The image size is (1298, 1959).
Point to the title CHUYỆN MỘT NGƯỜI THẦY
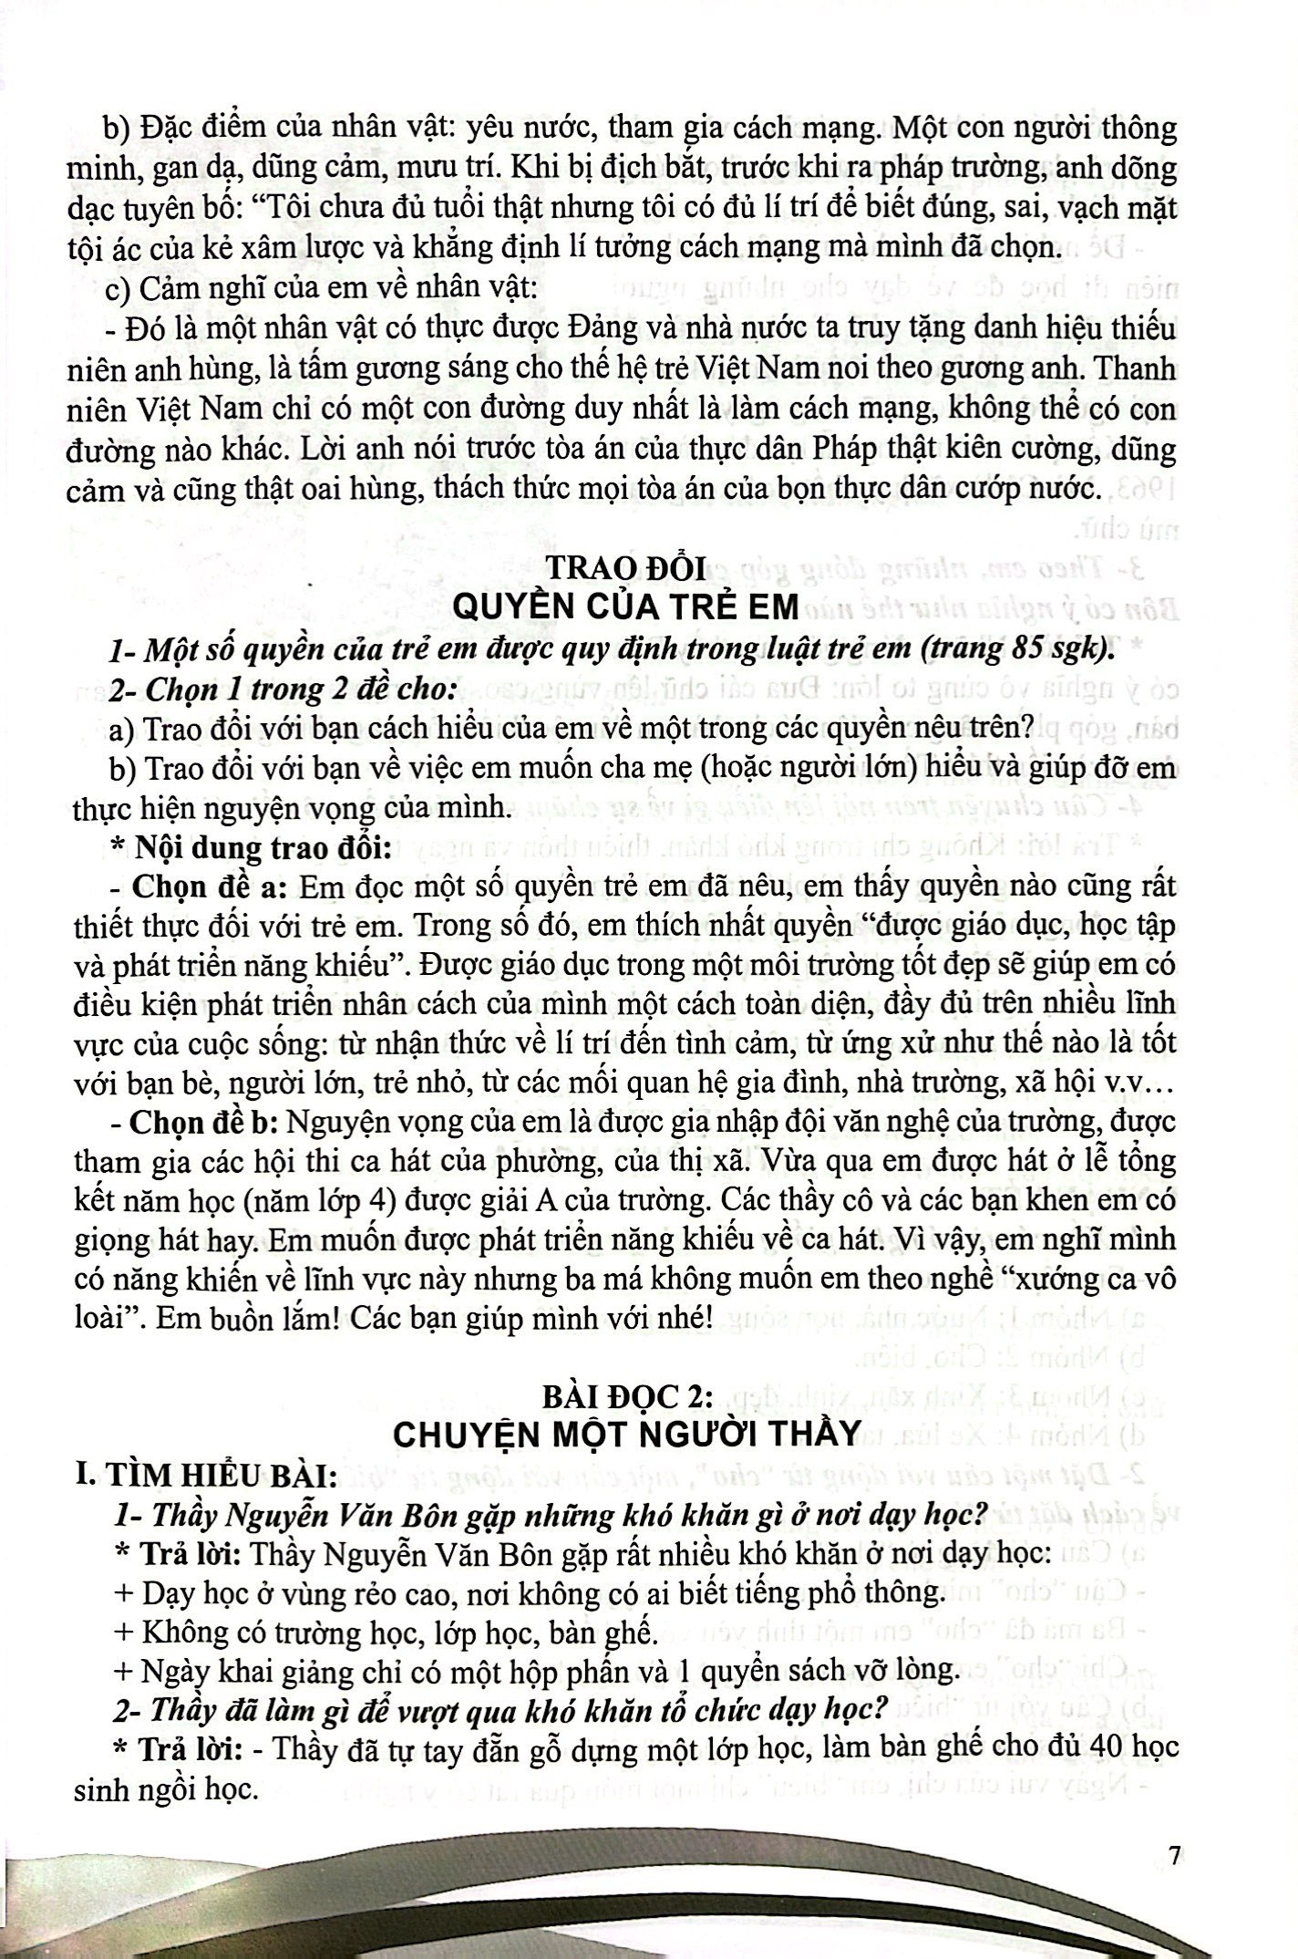pyautogui.click(x=626, y=1433)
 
